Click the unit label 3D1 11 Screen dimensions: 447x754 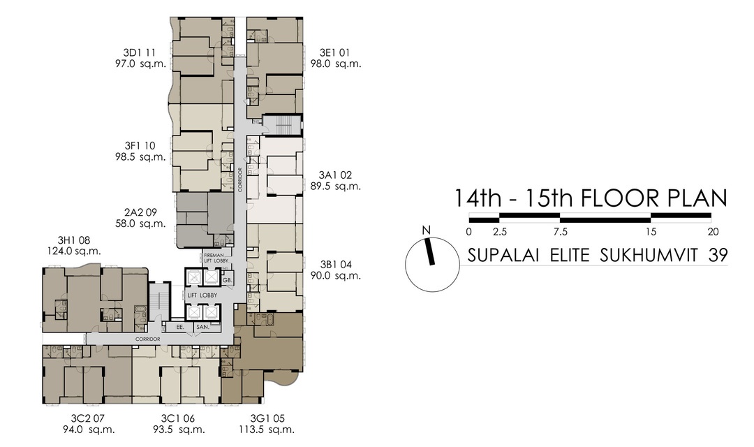tap(139, 52)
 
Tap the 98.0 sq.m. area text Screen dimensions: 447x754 tap(335, 64)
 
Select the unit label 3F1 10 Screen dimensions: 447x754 tap(140, 145)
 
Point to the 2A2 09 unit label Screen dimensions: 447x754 tap(140, 212)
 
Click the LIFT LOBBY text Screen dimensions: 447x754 tap(202, 295)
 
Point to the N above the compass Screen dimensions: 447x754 tap(425, 230)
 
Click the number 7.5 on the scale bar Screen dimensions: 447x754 tap(560, 232)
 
